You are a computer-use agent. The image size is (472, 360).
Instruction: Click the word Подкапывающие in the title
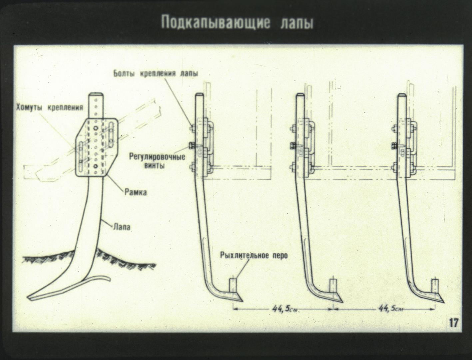tap(215, 23)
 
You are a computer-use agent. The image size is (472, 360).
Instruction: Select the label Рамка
tap(136, 192)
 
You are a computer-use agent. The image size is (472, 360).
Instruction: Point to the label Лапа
tap(122, 227)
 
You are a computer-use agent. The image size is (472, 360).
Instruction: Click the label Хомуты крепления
tap(50, 107)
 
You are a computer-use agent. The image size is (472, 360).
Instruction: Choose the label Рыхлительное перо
tap(254, 256)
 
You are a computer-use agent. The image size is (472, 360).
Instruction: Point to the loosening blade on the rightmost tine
tap(435, 286)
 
